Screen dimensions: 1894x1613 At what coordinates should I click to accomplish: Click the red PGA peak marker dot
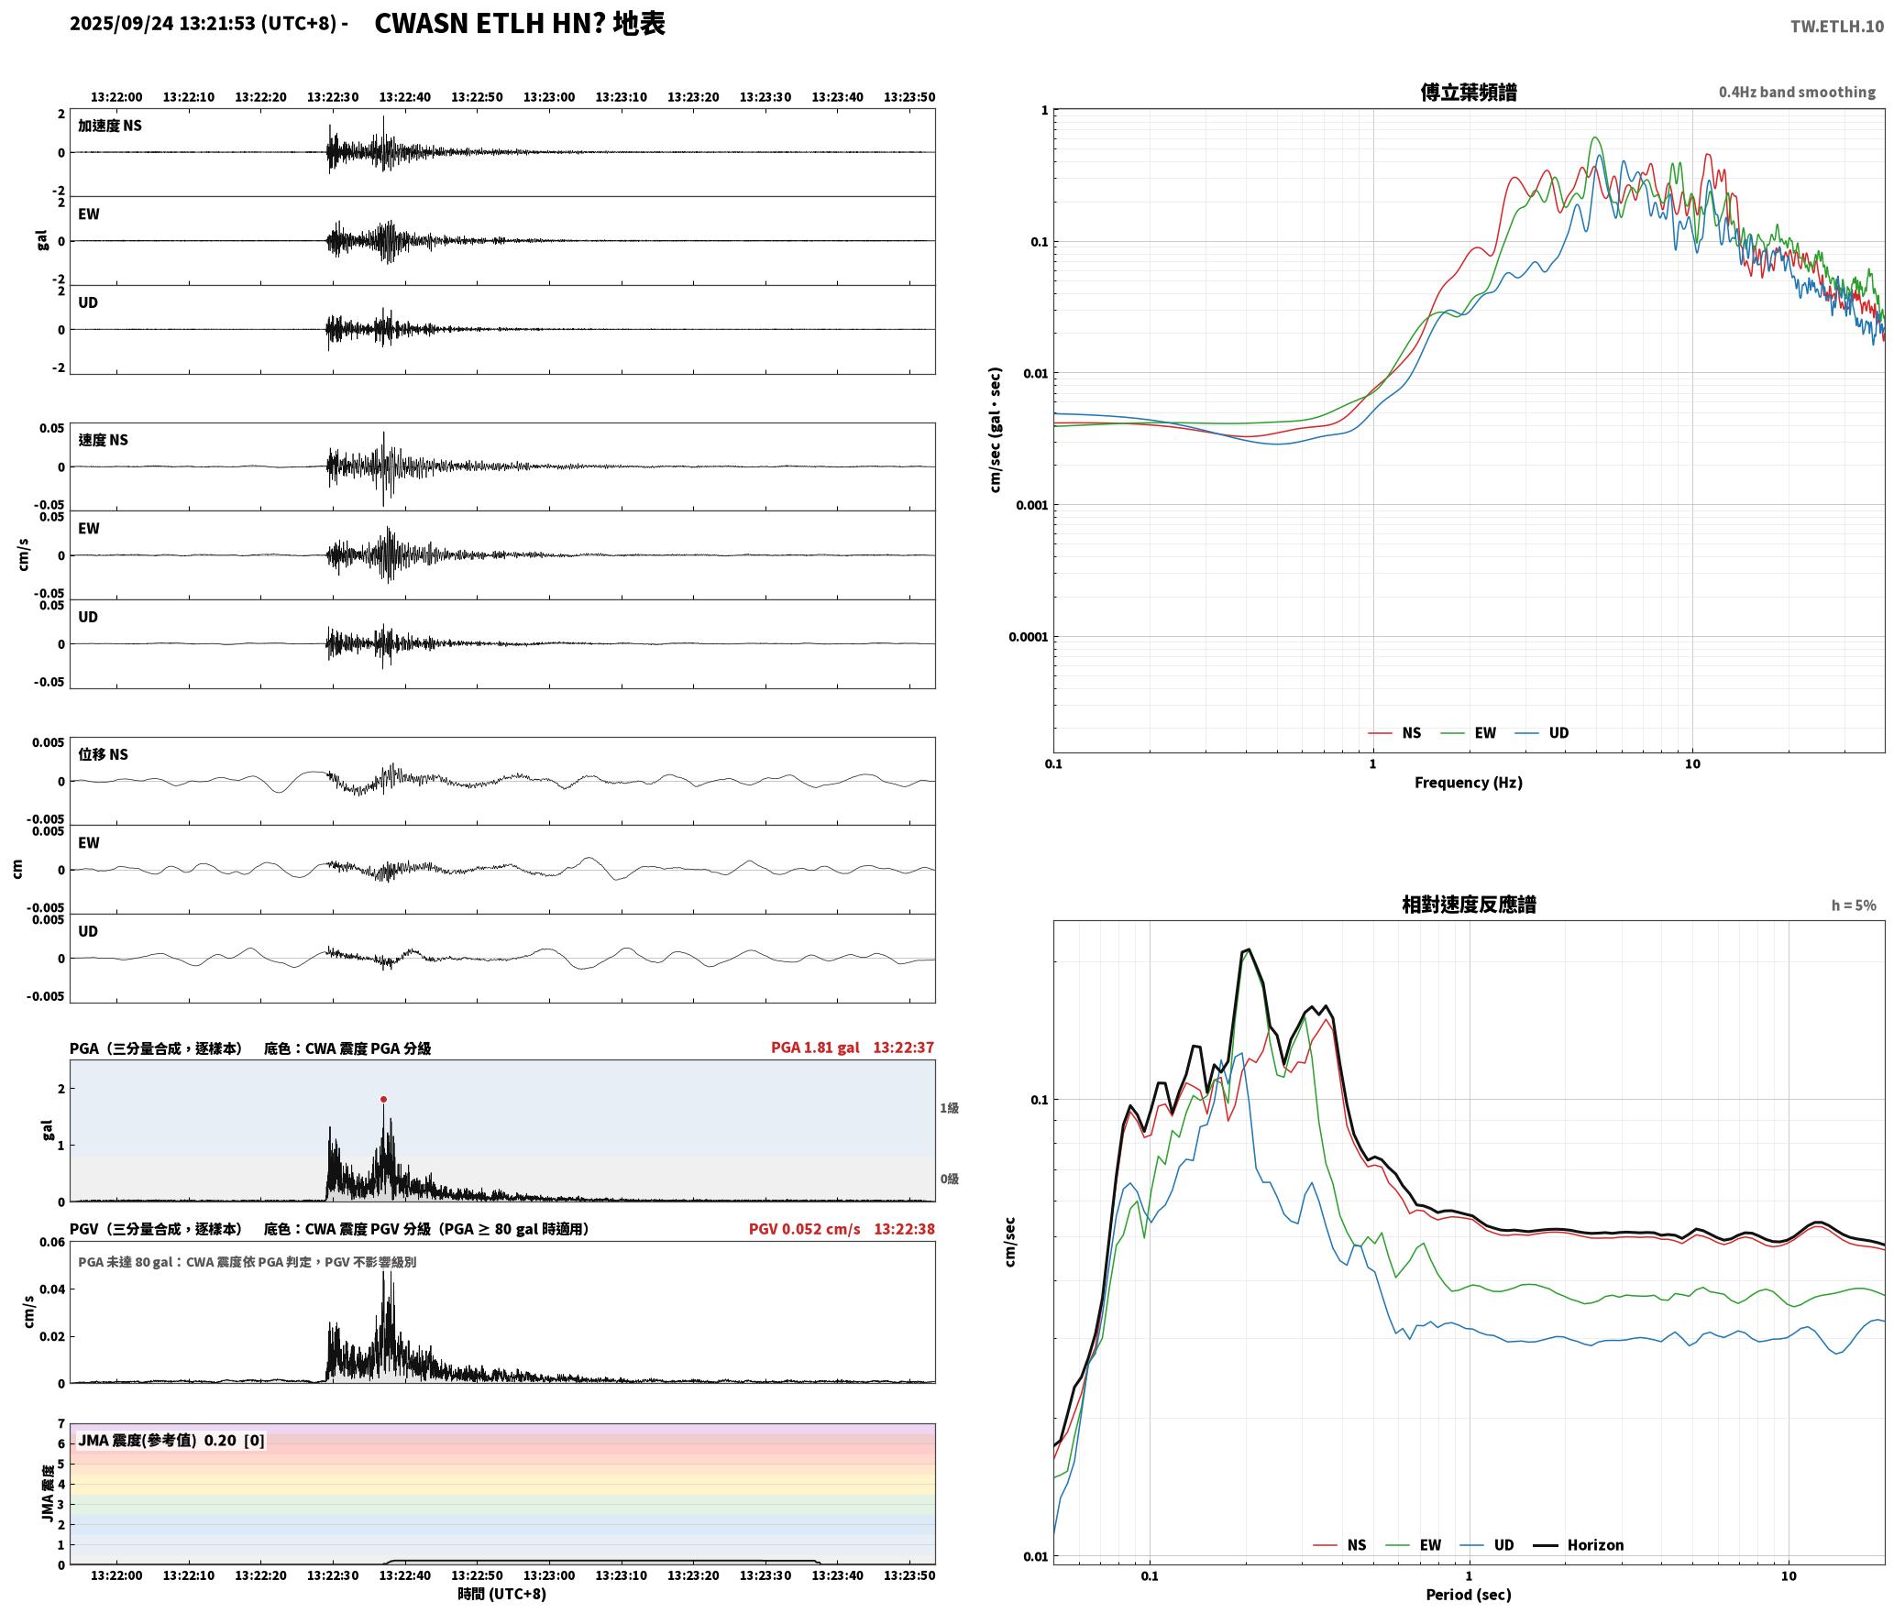pyautogui.click(x=383, y=1099)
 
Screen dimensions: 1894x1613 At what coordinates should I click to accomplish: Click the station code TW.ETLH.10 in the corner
pyautogui.click(x=1837, y=26)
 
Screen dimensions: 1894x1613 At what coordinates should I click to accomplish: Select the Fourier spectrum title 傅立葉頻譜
pyautogui.click(x=1469, y=92)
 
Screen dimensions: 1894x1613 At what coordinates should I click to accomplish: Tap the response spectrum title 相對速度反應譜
pyautogui.click(x=1469, y=905)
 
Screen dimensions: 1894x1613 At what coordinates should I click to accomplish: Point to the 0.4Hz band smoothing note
pyautogui.click(x=1797, y=92)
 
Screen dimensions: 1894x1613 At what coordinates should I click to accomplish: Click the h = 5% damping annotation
pyautogui.click(x=1854, y=905)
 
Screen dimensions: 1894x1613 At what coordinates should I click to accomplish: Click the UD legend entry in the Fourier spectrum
pyautogui.click(x=1542, y=732)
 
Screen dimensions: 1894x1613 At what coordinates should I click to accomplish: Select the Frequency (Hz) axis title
pyautogui.click(x=1469, y=782)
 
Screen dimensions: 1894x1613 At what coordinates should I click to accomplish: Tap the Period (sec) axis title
pyautogui.click(x=1469, y=1595)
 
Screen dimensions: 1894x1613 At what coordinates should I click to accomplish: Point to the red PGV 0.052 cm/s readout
pyautogui.click(x=805, y=1228)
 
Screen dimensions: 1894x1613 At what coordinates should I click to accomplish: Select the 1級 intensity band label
pyautogui.click(x=949, y=1108)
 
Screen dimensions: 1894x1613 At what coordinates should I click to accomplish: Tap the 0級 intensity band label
pyautogui.click(x=949, y=1179)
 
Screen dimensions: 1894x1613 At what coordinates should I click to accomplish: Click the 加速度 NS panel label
pyautogui.click(x=110, y=126)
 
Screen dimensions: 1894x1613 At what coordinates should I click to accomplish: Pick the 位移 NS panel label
pyautogui.click(x=103, y=754)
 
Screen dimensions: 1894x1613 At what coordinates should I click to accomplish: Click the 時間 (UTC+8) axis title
pyautogui.click(x=502, y=1594)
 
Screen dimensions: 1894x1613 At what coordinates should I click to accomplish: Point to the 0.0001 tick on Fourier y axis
pyautogui.click(x=1028, y=637)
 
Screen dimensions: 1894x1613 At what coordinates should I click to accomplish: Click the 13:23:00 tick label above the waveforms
pyautogui.click(x=549, y=97)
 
